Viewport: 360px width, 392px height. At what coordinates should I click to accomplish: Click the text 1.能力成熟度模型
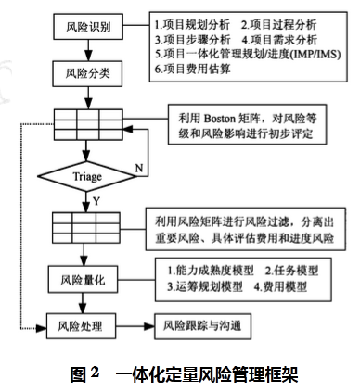click(x=206, y=271)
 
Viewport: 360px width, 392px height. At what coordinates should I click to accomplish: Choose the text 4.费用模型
click(x=286, y=286)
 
